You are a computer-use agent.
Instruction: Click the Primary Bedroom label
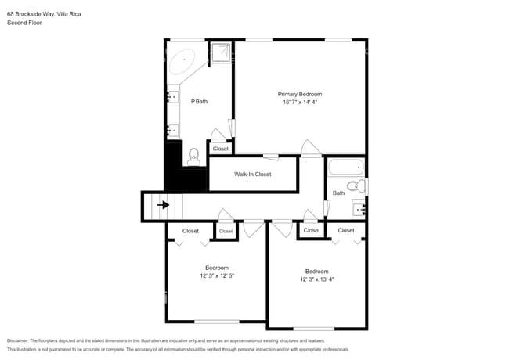(300, 94)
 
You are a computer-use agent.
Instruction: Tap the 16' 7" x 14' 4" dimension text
(300, 103)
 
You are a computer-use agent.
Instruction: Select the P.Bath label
(199, 101)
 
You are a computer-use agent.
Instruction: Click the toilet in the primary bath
(193, 157)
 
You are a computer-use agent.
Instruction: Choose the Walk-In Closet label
(252, 175)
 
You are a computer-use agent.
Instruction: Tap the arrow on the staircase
(163, 205)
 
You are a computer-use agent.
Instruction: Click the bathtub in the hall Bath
(345, 167)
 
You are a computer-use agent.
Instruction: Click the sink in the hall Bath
(360, 208)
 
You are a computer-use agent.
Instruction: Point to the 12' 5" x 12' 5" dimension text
(217, 275)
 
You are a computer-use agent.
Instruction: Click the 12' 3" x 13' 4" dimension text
(317, 279)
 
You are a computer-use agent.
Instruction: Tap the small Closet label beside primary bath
(220, 149)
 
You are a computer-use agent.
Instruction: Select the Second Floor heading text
(24, 23)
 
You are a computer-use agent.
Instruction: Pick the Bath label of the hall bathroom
(338, 193)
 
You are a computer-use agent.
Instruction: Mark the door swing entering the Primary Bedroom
(311, 148)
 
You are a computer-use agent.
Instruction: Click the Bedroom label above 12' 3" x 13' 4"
(317, 271)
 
